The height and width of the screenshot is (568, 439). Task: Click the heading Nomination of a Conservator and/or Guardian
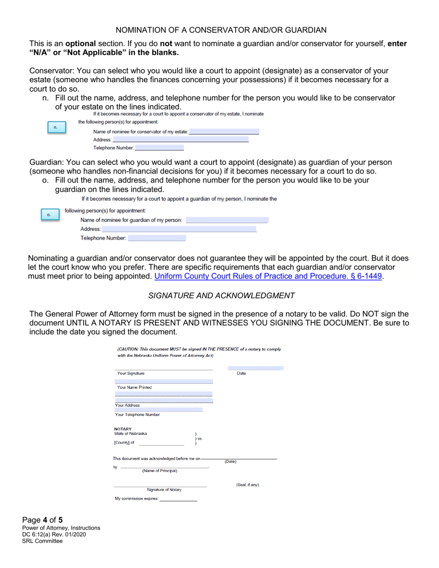tap(221, 30)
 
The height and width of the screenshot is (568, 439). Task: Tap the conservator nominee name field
tap(224, 132)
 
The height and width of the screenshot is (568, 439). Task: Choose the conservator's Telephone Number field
tap(159, 148)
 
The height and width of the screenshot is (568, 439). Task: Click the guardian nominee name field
tap(226, 220)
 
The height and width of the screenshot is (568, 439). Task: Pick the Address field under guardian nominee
tap(179, 229)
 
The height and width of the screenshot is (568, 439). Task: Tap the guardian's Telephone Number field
tap(157, 238)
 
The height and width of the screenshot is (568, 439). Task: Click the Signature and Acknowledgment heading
tap(221, 295)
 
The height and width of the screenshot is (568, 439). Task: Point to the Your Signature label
tap(131, 373)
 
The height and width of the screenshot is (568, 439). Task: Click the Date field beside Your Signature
tap(255, 368)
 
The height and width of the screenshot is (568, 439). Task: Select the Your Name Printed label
tap(134, 387)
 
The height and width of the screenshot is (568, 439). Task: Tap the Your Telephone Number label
tap(137, 414)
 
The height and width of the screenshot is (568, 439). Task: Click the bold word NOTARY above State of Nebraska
tap(123, 428)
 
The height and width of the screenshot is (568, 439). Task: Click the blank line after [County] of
tap(161, 442)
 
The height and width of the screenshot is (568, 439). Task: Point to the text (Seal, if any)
tap(247, 485)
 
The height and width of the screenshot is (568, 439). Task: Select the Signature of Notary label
tap(164, 489)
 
